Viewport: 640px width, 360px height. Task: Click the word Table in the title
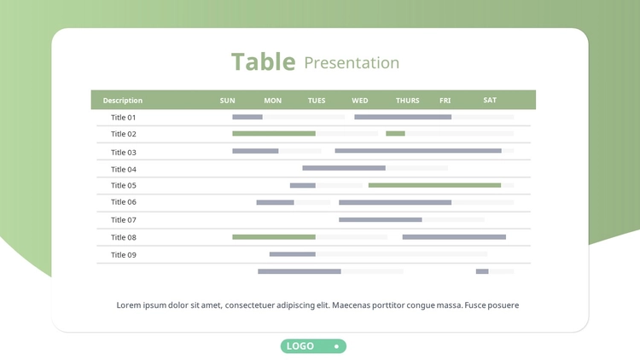tap(264, 62)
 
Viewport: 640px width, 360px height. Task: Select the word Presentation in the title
tap(352, 63)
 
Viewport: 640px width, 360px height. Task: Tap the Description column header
tap(122, 101)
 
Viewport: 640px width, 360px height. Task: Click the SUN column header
tap(227, 101)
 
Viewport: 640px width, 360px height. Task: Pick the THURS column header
tap(407, 101)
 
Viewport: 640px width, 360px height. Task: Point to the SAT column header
tap(490, 100)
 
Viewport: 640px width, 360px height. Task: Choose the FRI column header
tap(445, 101)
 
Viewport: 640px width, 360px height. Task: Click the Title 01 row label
tap(123, 118)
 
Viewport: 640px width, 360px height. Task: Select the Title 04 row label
tap(123, 170)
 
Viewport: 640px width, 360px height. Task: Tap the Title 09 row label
tap(123, 255)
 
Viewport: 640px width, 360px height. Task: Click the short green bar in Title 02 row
tap(395, 133)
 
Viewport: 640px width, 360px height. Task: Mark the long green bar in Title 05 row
tap(434, 185)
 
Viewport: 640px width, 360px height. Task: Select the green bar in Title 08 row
tap(273, 237)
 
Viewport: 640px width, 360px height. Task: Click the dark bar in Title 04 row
tap(344, 168)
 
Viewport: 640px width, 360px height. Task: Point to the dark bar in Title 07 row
tap(380, 219)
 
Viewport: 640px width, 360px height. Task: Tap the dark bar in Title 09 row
tap(292, 254)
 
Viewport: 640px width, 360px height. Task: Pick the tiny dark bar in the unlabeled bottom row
tap(482, 271)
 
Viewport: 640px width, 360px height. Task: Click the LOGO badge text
tap(300, 346)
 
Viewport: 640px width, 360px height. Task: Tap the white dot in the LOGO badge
tap(336, 346)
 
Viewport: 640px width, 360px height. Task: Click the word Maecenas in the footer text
tap(350, 305)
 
